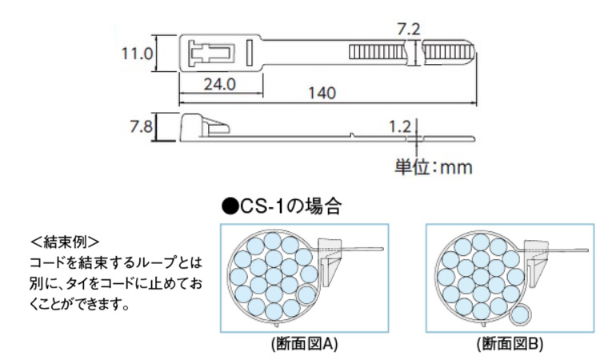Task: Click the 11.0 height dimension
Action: pyautogui.click(x=137, y=54)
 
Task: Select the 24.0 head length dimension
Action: pyautogui.click(x=220, y=84)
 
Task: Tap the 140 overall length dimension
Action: pyautogui.click(x=322, y=93)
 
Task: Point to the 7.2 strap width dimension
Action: pyautogui.click(x=409, y=30)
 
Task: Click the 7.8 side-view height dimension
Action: pyautogui.click(x=141, y=126)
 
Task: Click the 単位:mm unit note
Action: pyautogui.click(x=434, y=167)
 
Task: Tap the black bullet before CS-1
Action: pyautogui.click(x=230, y=207)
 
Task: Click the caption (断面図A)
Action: pyautogui.click(x=305, y=344)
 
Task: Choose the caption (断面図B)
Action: pyautogui.click(x=510, y=344)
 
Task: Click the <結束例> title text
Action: pyautogui.click(x=65, y=242)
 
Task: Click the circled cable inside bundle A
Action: pyautogui.click(x=306, y=294)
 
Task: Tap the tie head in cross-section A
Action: pyautogui.click(x=330, y=262)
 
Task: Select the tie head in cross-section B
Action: pyautogui.click(x=535, y=262)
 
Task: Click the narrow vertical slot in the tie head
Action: pyautogui.click(x=250, y=53)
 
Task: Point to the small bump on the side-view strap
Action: pyautogui.click(x=353, y=134)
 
